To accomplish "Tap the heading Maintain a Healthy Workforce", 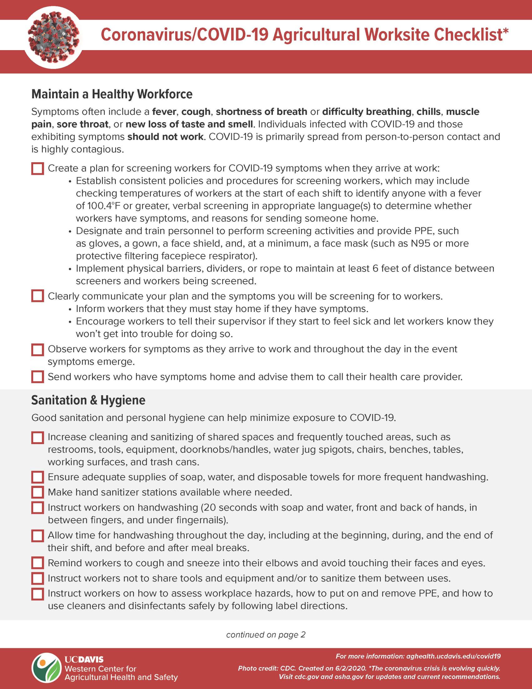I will (x=112, y=94).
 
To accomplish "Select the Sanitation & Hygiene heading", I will (x=88, y=400).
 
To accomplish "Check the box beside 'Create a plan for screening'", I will (x=38, y=168).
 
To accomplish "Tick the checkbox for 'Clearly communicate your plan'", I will (x=38, y=296).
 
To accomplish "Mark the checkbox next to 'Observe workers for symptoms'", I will (x=38, y=350).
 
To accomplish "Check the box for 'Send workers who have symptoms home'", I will (x=38, y=377).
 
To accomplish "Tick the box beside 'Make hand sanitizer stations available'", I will (x=38, y=492).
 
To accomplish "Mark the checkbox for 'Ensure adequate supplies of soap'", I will (x=38, y=477).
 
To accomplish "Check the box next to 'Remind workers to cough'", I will (x=38, y=563).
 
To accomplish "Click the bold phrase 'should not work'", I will (x=165, y=137).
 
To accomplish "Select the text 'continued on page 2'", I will (x=266, y=635).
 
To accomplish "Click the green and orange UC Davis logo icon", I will (x=46, y=668).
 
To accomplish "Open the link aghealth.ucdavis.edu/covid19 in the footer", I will (x=453, y=656).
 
